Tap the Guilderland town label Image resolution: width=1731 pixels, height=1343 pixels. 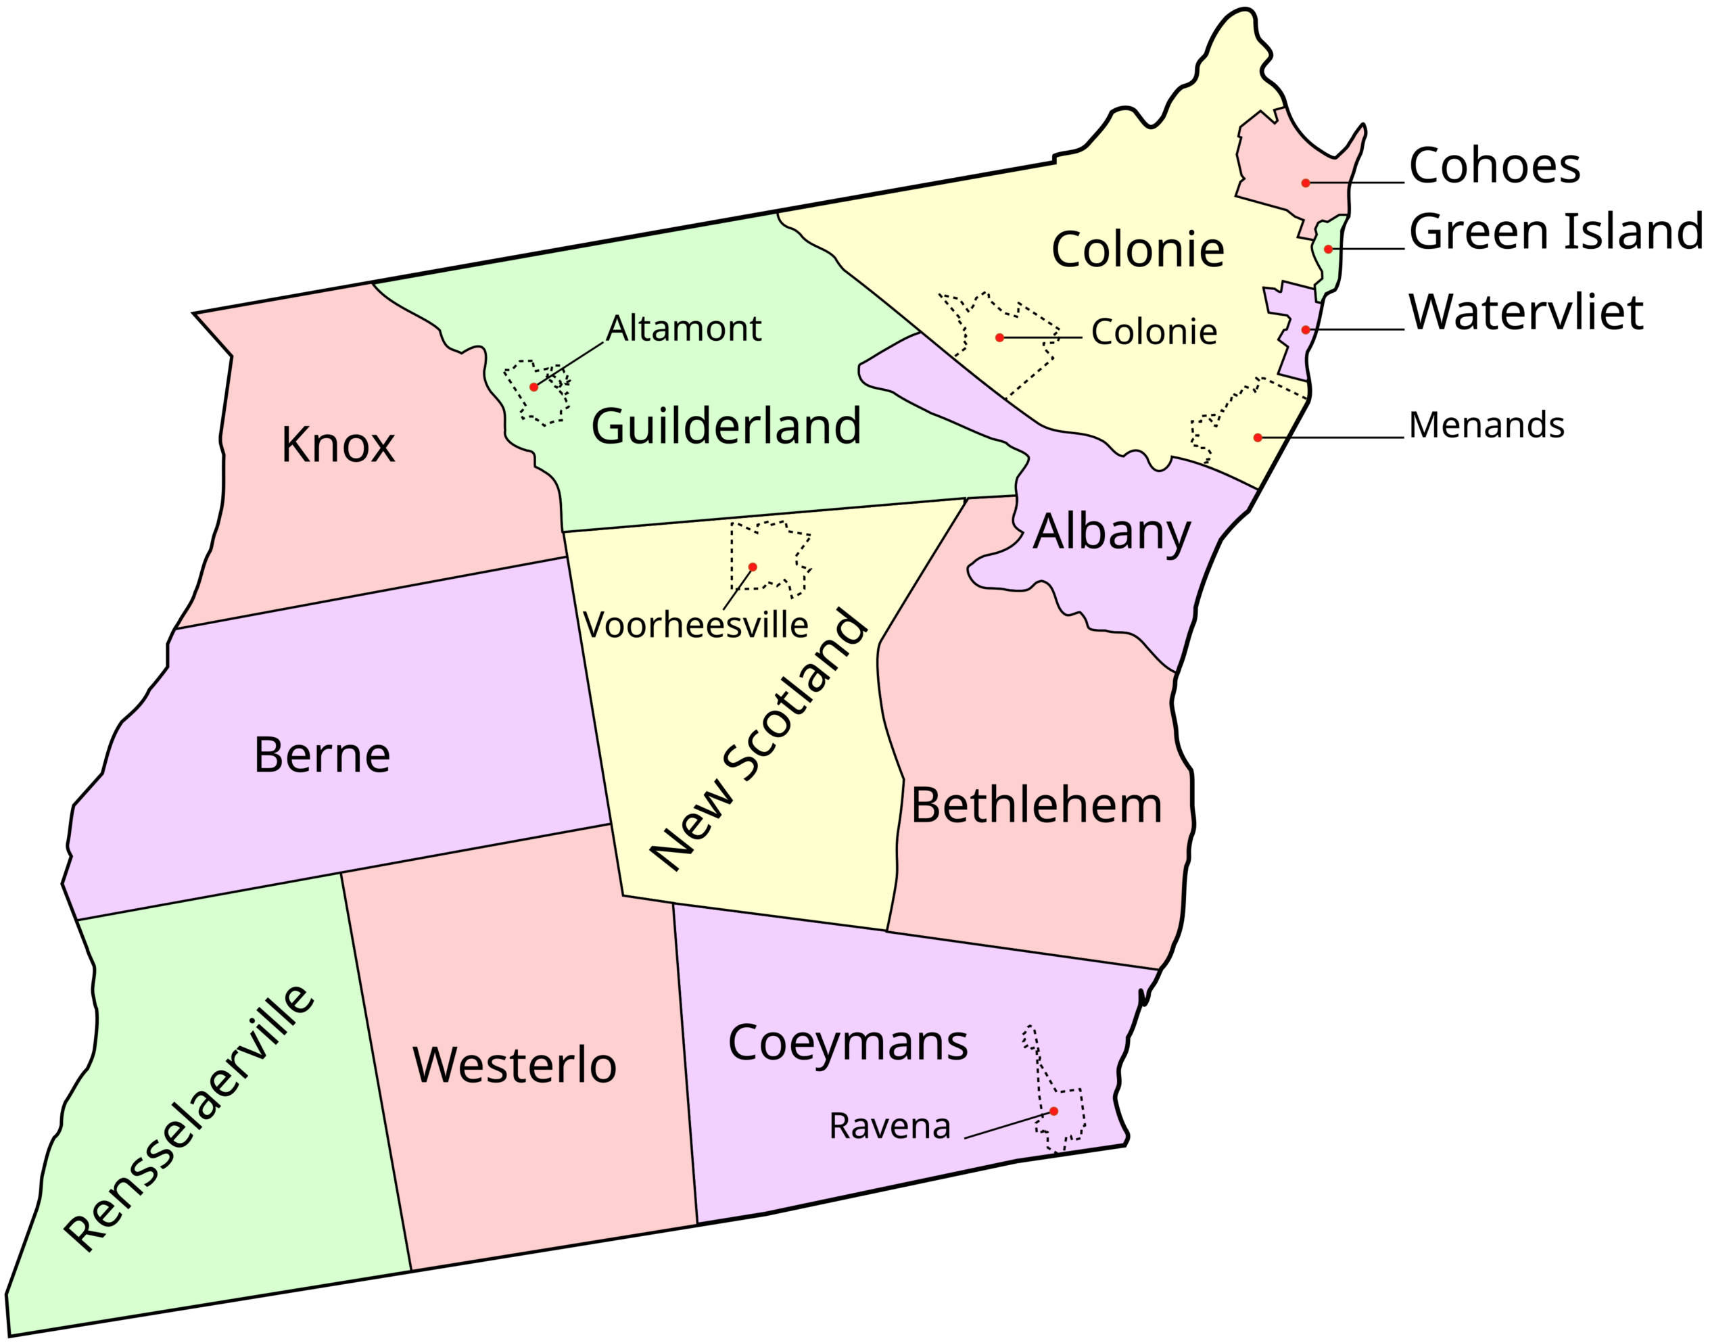[x=726, y=426]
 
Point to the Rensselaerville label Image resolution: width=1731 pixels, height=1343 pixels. [x=190, y=1118]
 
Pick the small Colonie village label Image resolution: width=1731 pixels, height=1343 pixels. [x=1154, y=332]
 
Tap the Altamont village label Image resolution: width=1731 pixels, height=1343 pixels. [x=683, y=328]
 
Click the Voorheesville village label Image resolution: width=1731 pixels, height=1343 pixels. [x=695, y=625]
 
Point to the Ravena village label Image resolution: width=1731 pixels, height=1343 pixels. [x=889, y=1126]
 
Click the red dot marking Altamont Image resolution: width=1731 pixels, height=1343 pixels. [x=534, y=387]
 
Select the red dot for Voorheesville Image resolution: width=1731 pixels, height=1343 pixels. [x=752, y=567]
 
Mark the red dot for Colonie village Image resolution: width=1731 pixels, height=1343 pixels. [x=999, y=337]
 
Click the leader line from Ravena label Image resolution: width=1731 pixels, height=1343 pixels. [x=1007, y=1126]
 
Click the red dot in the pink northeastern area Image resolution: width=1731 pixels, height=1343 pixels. [x=1306, y=183]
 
